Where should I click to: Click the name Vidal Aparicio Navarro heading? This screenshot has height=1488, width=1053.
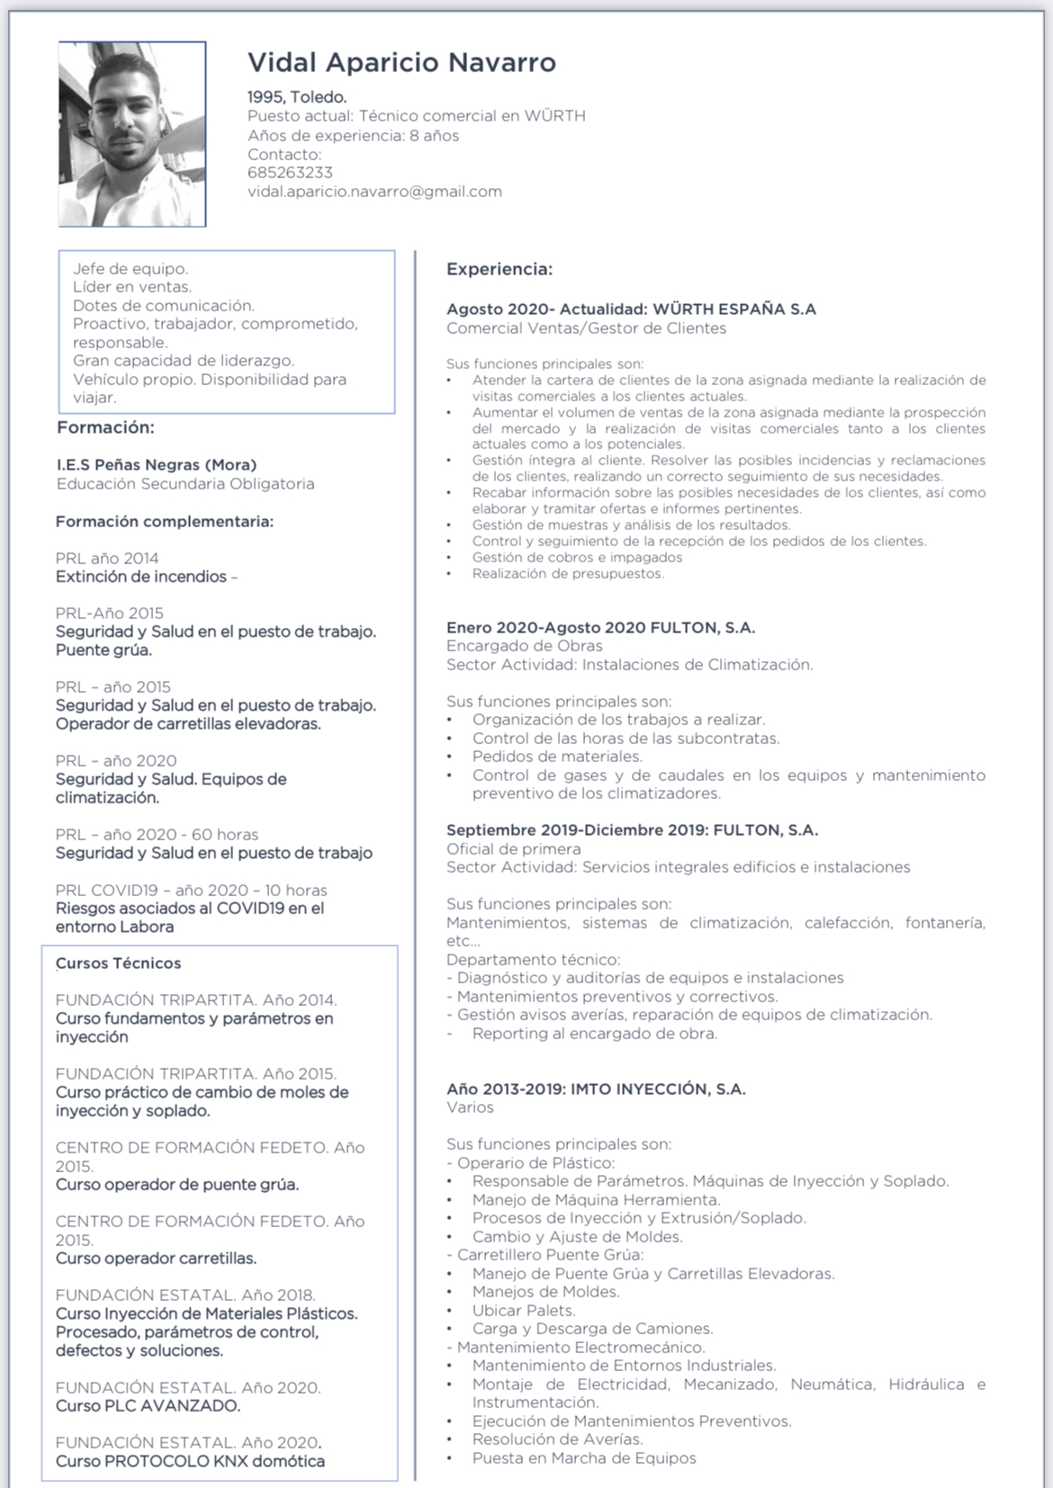pos(401,62)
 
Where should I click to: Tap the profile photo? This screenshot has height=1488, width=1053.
pos(132,133)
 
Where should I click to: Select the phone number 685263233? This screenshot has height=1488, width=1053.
pos(290,173)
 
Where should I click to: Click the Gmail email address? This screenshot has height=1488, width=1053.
pos(374,192)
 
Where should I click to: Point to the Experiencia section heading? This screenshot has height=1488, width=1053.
pos(499,269)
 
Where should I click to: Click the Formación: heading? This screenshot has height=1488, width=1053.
pos(105,427)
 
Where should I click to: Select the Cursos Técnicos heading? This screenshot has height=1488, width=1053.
pos(119,964)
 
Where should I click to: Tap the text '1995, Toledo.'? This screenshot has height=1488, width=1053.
pos(297,97)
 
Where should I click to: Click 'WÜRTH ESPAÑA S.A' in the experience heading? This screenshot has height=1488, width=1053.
pos(734,309)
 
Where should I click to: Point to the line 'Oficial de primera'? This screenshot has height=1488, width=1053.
pos(514,849)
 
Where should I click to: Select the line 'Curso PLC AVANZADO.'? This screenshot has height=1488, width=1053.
pos(148,1406)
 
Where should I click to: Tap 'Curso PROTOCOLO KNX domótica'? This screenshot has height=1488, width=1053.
pos(190,1461)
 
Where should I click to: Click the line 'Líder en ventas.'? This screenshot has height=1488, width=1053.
pos(132,287)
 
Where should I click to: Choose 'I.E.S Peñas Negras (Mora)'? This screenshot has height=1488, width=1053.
pos(157,465)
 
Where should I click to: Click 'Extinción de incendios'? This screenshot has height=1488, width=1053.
pos(141,577)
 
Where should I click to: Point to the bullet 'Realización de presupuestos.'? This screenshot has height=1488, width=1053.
pos(568,574)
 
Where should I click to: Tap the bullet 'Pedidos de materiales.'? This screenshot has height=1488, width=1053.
pos(557,757)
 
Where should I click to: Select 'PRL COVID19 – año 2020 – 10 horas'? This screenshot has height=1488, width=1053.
pos(191,890)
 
